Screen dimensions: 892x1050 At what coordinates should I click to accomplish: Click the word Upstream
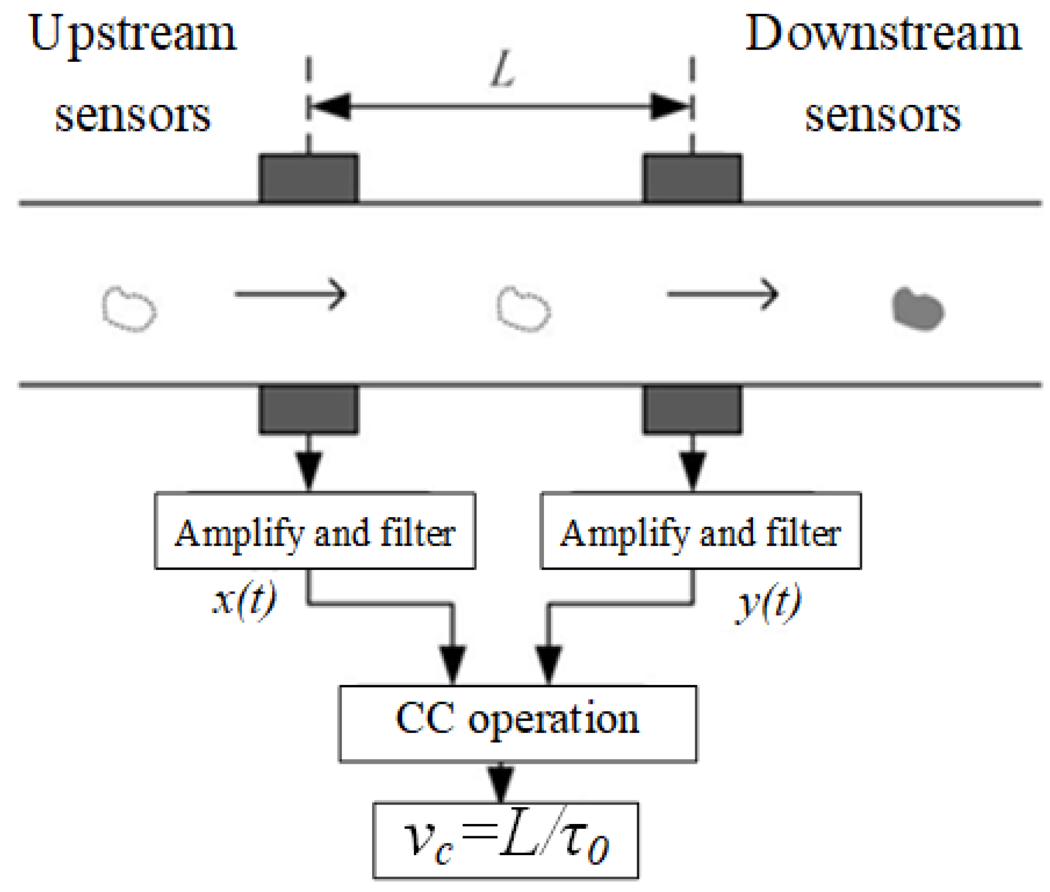[x=133, y=35]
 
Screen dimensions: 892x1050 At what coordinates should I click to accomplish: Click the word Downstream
[x=883, y=35]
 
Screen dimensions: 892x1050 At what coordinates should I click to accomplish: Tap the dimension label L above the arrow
[x=502, y=70]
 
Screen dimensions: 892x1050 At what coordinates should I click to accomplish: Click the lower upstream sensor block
[x=309, y=409]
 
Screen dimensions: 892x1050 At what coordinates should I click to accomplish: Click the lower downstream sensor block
[x=692, y=409]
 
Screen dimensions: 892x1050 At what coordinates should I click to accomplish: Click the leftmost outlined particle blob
[x=129, y=309]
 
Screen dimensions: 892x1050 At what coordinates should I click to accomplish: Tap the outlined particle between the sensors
[x=523, y=309]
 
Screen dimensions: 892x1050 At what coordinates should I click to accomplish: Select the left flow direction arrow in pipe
[x=290, y=294]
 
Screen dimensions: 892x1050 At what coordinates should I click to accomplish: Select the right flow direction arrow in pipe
[x=723, y=294]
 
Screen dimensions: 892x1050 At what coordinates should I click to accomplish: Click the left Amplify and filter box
[x=315, y=531]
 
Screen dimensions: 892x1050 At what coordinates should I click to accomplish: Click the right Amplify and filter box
[x=701, y=531]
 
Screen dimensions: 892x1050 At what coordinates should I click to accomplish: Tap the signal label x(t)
[x=244, y=601]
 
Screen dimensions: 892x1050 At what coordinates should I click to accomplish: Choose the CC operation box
[x=517, y=724]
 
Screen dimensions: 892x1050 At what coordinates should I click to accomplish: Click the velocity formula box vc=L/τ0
[x=505, y=840]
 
